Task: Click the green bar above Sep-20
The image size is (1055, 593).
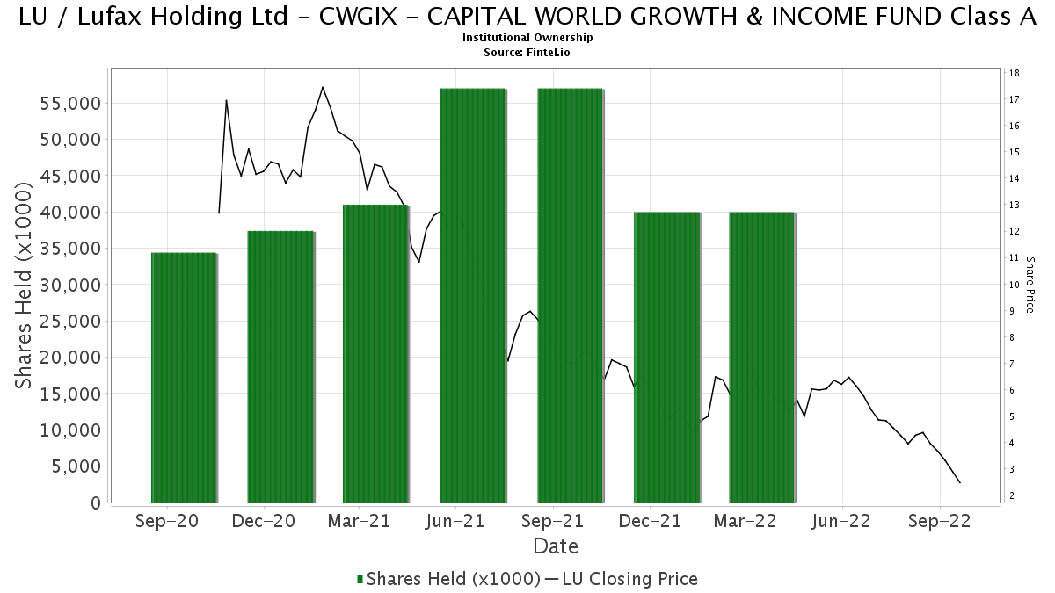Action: [x=184, y=378]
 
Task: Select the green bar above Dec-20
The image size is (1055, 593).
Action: [x=280, y=367]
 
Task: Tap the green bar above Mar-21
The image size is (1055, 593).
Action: [x=376, y=354]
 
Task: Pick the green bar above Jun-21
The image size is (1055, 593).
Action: [x=473, y=295]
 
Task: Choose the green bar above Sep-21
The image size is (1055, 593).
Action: [x=571, y=295]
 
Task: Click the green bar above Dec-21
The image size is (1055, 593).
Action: [x=667, y=358]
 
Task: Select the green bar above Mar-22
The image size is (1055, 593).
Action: [x=762, y=358]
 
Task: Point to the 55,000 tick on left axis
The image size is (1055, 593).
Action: [x=70, y=104]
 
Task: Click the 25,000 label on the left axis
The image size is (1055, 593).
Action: [x=70, y=322]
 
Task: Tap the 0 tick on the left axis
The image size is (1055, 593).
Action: [x=96, y=503]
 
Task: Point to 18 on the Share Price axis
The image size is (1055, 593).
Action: [x=1015, y=73]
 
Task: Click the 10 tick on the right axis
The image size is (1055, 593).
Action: [x=1015, y=285]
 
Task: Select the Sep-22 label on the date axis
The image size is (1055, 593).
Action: [x=940, y=521]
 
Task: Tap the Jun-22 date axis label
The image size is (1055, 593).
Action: [x=841, y=521]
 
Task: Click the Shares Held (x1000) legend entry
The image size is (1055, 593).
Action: [x=449, y=579]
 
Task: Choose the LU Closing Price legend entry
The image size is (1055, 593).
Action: [x=622, y=579]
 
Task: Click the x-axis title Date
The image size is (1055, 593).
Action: [x=556, y=546]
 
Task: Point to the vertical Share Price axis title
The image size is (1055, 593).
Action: [x=1030, y=285]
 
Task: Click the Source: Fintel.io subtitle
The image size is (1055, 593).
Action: [x=527, y=52]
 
